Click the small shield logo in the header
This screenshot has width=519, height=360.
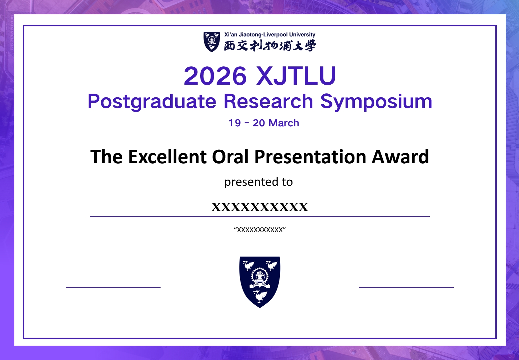212,42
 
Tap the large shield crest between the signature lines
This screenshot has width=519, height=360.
259,282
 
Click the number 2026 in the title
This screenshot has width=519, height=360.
215,76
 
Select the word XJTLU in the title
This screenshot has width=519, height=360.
296,76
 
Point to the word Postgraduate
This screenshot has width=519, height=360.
152,101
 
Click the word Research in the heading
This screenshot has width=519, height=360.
268,101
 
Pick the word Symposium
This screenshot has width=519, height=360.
376,101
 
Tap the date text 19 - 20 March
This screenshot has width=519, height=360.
263,123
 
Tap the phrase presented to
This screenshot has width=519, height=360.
258,182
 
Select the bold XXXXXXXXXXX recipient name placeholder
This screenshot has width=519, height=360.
259,207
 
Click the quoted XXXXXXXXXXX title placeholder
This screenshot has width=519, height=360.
259,230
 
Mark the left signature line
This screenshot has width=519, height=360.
113,287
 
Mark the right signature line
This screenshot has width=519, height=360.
406,287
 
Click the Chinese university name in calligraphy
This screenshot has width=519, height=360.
269,46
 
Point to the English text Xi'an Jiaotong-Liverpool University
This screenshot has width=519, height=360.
269,35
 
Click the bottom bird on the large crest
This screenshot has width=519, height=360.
260,296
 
